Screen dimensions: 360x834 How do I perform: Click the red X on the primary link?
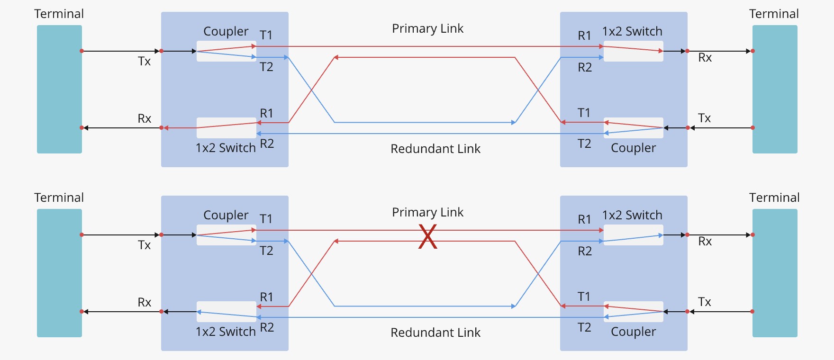coord(427,237)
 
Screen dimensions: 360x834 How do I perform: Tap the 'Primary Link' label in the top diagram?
coord(427,28)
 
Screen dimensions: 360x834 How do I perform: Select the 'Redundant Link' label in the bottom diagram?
coord(435,333)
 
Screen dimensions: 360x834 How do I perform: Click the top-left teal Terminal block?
coord(59,89)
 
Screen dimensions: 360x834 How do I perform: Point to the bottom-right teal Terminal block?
coord(775,273)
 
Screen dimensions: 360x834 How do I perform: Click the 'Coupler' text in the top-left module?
coord(226,31)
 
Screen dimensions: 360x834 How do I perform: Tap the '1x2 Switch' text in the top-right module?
coord(632,31)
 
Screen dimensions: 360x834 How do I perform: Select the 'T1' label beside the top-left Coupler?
coord(266,35)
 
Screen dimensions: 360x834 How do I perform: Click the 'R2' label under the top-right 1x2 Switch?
coord(585,67)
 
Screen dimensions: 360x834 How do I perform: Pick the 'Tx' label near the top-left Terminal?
coord(144,61)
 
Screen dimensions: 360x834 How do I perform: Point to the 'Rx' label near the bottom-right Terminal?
coord(705,241)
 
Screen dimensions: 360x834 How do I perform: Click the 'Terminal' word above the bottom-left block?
coord(59,198)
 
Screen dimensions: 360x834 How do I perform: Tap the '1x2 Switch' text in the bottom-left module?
coord(226,332)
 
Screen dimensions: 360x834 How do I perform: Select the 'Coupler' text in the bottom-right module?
coord(633,332)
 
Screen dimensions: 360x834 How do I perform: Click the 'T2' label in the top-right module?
coord(584,144)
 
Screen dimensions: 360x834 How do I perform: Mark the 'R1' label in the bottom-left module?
coord(266,297)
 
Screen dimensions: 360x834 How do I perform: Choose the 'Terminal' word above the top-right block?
coord(774,14)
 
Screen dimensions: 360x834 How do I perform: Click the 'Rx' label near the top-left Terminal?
coord(144,118)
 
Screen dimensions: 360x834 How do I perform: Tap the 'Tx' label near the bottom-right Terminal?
coord(704,302)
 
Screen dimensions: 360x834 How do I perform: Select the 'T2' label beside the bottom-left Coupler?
coord(266,251)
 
